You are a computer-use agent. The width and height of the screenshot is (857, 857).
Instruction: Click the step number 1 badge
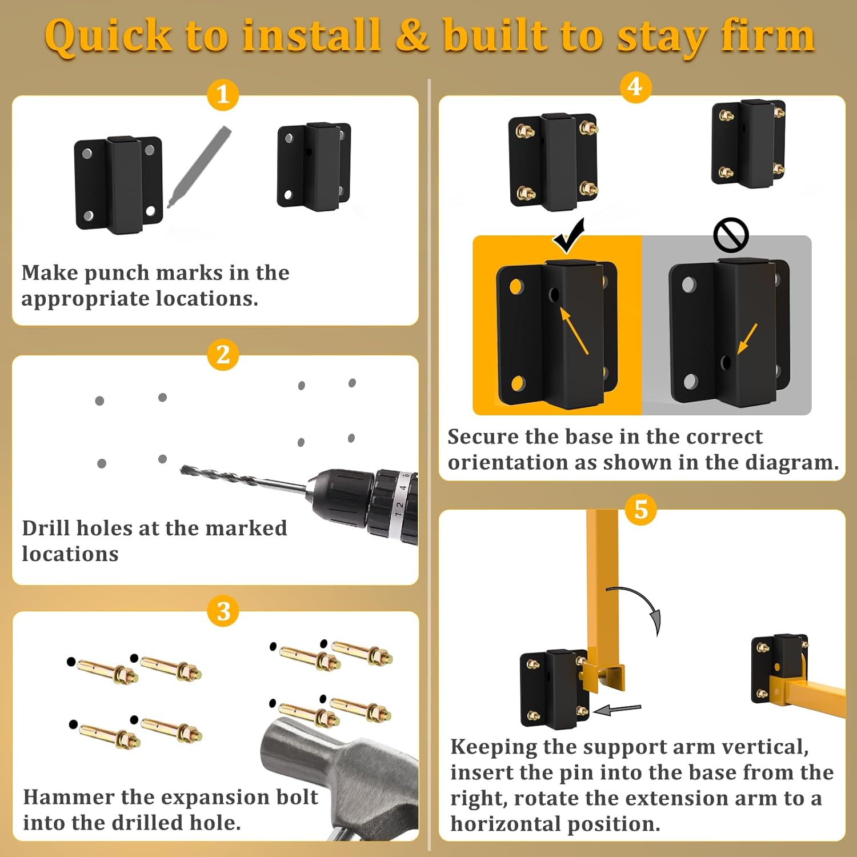pyautogui.click(x=223, y=94)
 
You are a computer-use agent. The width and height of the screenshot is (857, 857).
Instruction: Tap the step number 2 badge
pyautogui.click(x=223, y=354)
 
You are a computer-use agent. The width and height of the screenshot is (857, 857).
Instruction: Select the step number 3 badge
pyautogui.click(x=223, y=611)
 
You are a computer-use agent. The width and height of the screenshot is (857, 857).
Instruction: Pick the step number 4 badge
pyautogui.click(x=635, y=87)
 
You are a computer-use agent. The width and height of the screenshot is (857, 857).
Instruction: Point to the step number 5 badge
pyautogui.click(x=641, y=509)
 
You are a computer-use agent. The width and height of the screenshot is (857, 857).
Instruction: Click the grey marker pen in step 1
pyautogui.click(x=200, y=166)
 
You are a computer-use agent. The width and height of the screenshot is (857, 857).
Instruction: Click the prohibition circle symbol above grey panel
pyautogui.click(x=731, y=235)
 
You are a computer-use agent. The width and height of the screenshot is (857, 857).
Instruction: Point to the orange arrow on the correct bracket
pyautogui.click(x=574, y=331)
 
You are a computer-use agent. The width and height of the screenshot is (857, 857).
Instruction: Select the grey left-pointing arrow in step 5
pyautogui.click(x=617, y=710)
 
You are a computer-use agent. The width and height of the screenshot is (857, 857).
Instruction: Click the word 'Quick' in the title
pyautogui.click(x=109, y=35)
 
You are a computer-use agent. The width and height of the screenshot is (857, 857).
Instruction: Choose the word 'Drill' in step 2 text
pyautogui.click(x=45, y=528)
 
